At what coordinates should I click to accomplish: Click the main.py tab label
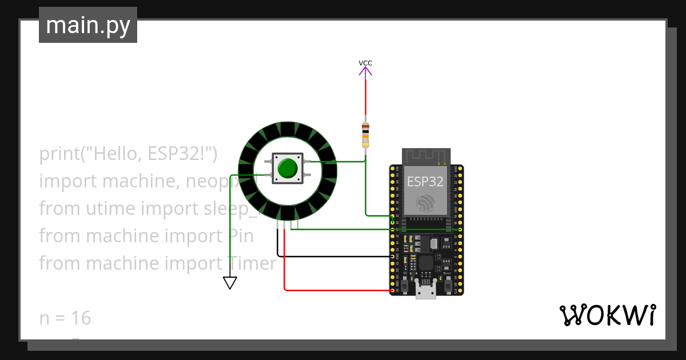(87, 25)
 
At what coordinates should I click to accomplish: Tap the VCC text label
(365, 63)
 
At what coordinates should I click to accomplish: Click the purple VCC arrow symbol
(366, 71)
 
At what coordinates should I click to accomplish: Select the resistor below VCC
(366, 134)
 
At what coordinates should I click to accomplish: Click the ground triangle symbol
(230, 283)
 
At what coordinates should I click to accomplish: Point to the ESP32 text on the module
(425, 182)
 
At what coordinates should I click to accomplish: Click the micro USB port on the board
(425, 291)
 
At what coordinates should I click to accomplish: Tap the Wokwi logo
(607, 315)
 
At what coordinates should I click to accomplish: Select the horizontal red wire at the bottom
(337, 290)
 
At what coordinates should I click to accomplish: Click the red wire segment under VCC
(366, 100)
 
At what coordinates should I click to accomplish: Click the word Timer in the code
(252, 263)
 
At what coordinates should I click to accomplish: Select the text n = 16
(65, 318)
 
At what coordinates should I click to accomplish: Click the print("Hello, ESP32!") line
(129, 154)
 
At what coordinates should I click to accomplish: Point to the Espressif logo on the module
(426, 203)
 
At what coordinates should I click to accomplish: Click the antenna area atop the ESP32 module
(426, 155)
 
